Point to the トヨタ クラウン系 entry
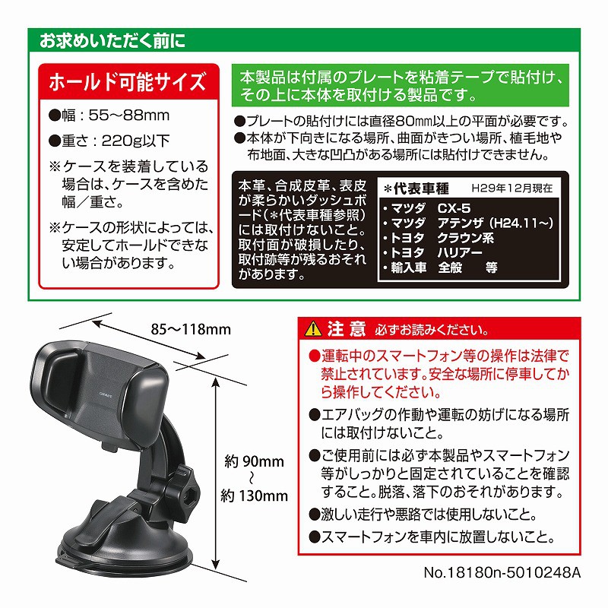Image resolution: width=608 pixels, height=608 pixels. click(x=439, y=238)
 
